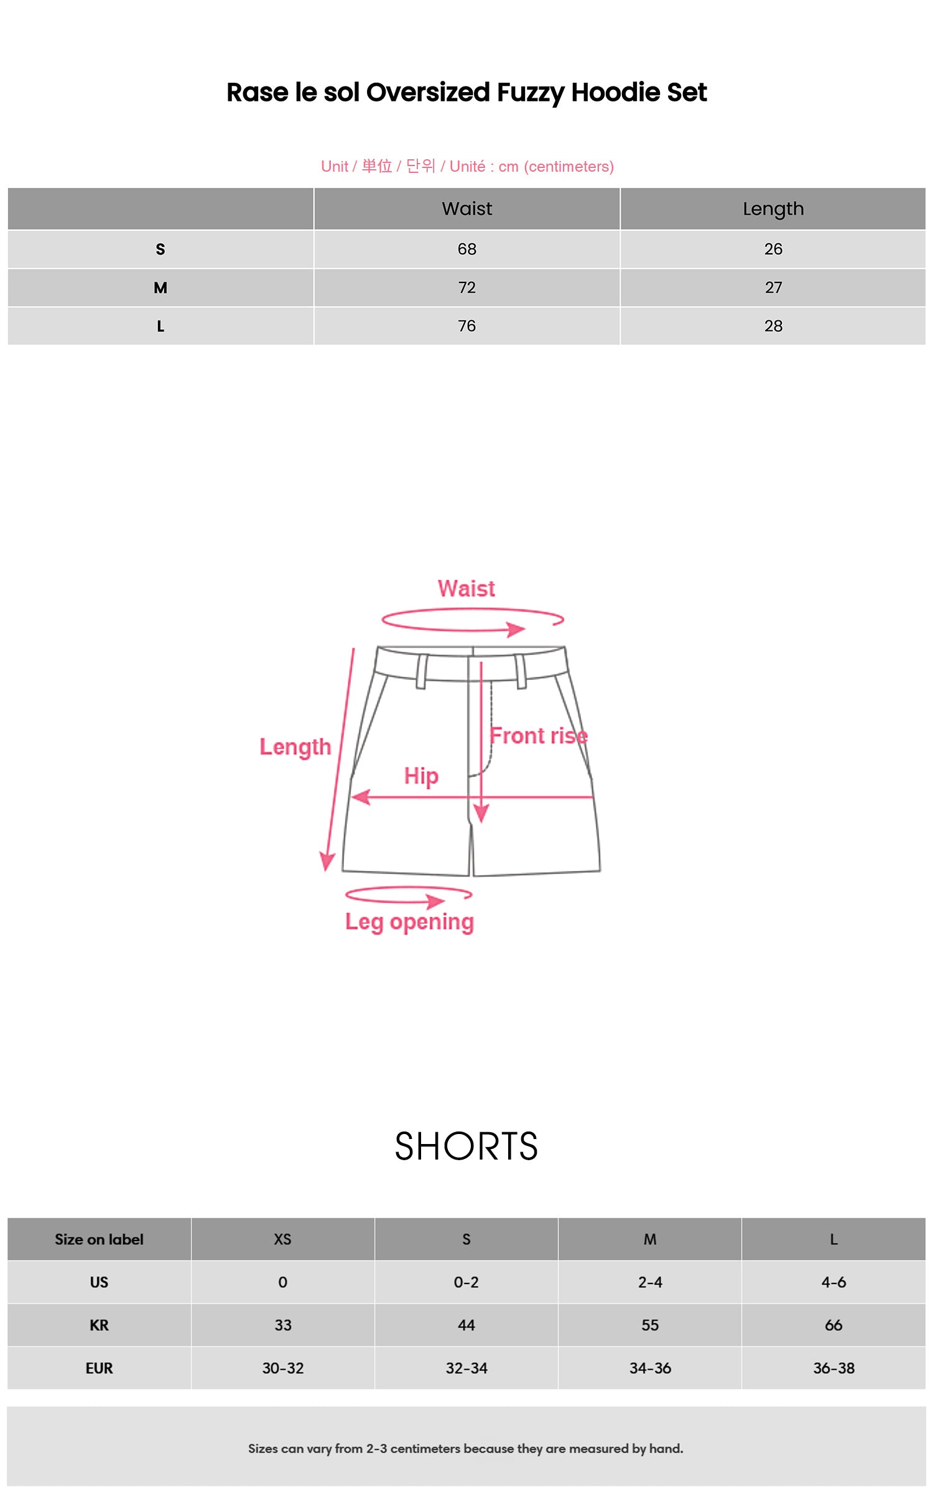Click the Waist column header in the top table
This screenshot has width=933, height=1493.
(x=466, y=209)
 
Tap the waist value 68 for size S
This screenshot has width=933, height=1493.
(x=466, y=249)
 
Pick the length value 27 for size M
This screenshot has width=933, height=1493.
(x=773, y=288)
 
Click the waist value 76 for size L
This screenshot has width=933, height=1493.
(x=466, y=326)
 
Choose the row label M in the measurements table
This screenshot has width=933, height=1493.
(x=160, y=288)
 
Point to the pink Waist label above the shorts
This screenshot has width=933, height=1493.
(x=466, y=588)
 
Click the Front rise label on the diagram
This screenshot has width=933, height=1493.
(x=539, y=736)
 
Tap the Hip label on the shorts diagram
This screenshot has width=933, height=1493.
(x=421, y=776)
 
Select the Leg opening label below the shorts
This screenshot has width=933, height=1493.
(x=409, y=922)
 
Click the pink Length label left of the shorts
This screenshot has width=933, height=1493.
(x=295, y=747)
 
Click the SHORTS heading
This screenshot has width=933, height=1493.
(x=466, y=1146)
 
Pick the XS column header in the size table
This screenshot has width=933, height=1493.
(x=282, y=1239)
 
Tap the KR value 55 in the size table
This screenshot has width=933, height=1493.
(x=650, y=1325)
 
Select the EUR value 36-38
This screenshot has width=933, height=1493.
(x=833, y=1368)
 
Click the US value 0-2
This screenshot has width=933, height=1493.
(x=466, y=1282)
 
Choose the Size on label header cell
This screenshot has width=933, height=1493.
(x=99, y=1239)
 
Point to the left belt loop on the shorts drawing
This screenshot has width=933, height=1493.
(x=422, y=671)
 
